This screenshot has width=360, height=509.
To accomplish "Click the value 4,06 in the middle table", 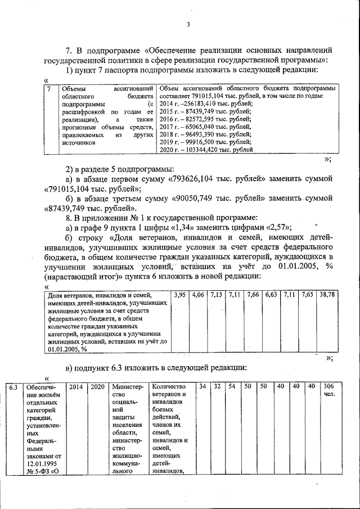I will [x=199, y=294].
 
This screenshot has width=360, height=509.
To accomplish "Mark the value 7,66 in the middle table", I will [x=253, y=294].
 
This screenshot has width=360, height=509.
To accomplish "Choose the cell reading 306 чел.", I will [x=328, y=391].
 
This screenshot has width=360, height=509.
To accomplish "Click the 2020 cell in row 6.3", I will [x=97, y=388].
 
